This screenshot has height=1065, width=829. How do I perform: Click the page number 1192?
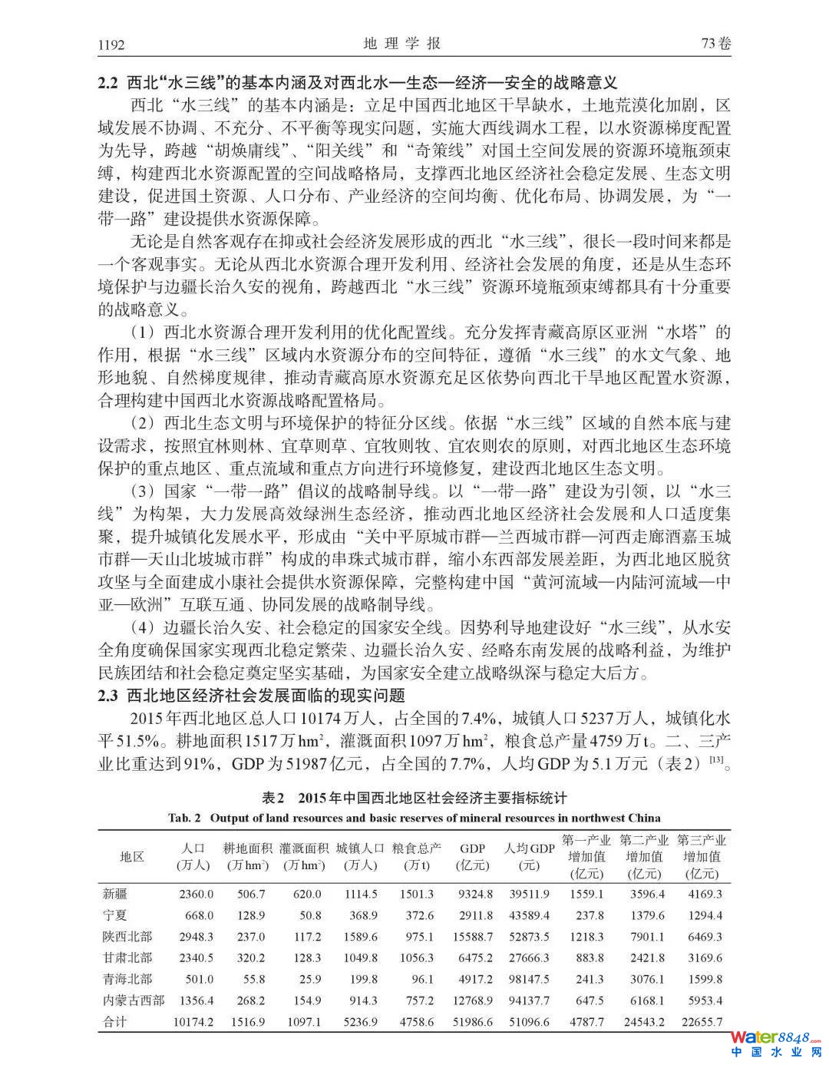pyautogui.click(x=112, y=44)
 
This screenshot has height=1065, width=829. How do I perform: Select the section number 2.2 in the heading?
pyautogui.click(x=107, y=82)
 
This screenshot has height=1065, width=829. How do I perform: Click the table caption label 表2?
pyautogui.click(x=272, y=799)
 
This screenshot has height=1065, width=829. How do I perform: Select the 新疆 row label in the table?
pyautogui.click(x=115, y=894)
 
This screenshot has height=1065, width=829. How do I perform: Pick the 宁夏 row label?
pyautogui.click(x=115, y=915)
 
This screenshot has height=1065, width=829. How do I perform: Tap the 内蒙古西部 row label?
pyautogui.click(x=133, y=1001)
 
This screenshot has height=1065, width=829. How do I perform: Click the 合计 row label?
pyautogui.click(x=115, y=1022)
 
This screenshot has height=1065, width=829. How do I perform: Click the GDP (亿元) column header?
pyautogui.click(x=473, y=856)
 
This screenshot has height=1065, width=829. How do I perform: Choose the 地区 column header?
pyautogui.click(x=132, y=856)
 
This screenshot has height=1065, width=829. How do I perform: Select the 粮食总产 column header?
pyautogui.click(x=417, y=848)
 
